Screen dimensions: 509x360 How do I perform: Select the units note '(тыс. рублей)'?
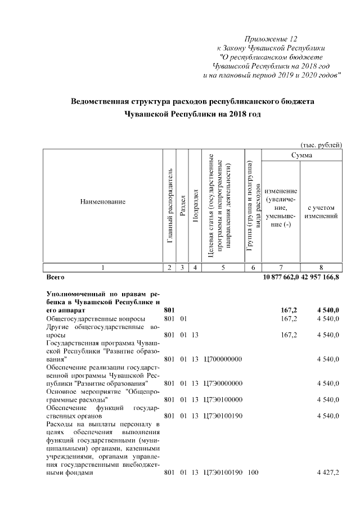pos(322,145)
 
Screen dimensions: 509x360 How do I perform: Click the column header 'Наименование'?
pos(102,201)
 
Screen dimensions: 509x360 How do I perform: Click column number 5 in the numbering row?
pos(223,268)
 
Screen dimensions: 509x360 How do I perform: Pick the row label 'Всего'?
pos(55,277)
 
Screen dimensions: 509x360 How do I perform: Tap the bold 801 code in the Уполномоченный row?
pos(169,310)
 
